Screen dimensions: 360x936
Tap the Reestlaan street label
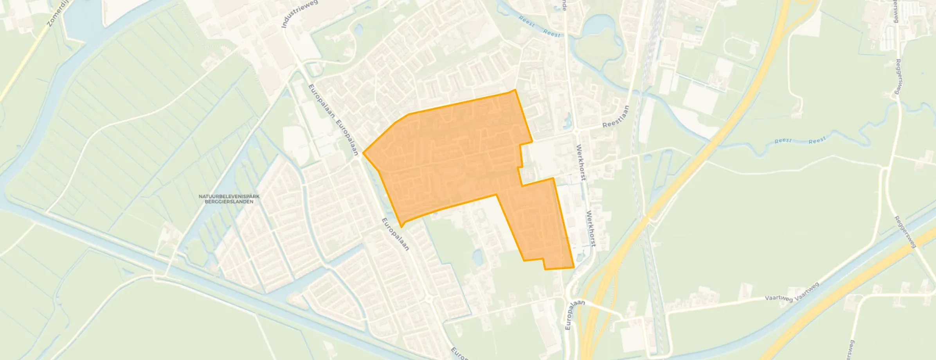[x=616, y=117]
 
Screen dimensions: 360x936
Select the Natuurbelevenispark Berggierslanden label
[x=229, y=199]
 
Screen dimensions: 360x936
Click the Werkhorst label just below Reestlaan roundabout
[x=581, y=162]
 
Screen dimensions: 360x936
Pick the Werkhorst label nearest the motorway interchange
[x=591, y=229]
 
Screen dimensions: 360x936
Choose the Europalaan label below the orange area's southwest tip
[x=395, y=234]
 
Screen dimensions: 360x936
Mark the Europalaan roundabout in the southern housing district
[x=429, y=299]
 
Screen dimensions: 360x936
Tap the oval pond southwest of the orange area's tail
[x=477, y=257]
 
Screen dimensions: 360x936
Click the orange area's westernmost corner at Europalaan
[x=364, y=153]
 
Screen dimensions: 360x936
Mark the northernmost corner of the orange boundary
[x=515, y=90]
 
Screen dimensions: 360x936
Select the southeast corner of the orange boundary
[x=574, y=268]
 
